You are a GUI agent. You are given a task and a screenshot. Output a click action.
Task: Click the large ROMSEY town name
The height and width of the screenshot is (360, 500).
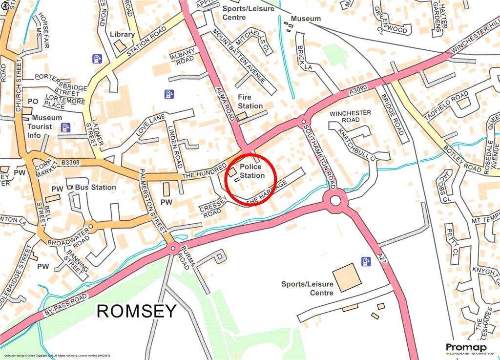pyautogui.click(x=137, y=311)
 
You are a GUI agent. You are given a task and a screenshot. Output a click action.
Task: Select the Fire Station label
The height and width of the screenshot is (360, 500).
pyautogui.click(x=250, y=102)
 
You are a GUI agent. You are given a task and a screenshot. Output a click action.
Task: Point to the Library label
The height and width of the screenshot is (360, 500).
pyautogui.click(x=122, y=34)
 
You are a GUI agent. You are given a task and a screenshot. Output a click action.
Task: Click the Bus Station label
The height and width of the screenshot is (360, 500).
pyautogui.click(x=96, y=187)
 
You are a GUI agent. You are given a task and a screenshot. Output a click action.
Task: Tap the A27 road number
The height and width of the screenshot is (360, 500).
pyautogui.click(x=381, y=257)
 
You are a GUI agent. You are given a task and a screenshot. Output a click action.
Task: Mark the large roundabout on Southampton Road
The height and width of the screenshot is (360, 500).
pyautogui.click(x=335, y=200)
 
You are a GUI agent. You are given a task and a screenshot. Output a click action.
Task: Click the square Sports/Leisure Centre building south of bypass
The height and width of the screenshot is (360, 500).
pyautogui.click(x=347, y=277)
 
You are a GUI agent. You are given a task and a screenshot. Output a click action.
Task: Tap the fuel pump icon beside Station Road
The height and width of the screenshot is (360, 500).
pyautogui.click(x=97, y=59)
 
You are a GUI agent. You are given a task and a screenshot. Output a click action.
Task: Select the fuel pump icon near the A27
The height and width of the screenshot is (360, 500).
pyautogui.click(x=365, y=261)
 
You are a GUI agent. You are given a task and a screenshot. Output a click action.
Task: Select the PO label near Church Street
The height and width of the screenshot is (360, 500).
pyautogui.click(x=33, y=101)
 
